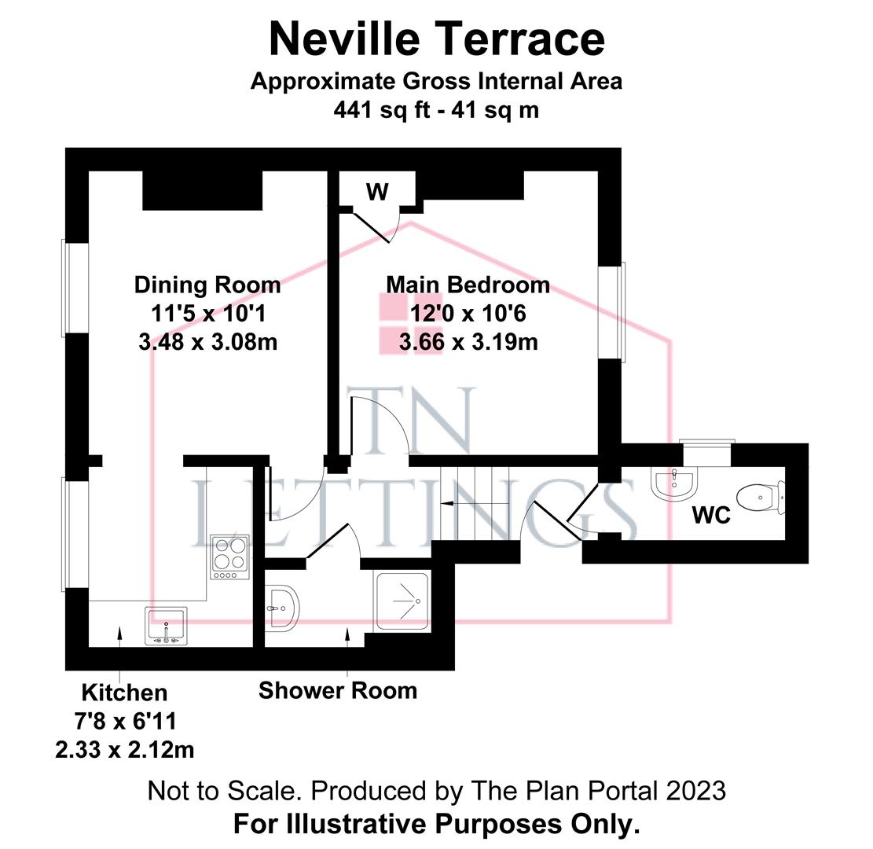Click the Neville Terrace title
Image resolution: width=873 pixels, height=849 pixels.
pos(436,39)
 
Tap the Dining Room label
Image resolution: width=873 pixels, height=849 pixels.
pos(207,285)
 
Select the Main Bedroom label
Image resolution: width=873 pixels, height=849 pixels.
pos(468,285)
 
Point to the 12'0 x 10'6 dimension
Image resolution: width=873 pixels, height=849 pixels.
pos(468,314)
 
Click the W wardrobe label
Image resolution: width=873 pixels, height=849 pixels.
pos(377,191)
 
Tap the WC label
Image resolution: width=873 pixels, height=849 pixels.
pos(711,516)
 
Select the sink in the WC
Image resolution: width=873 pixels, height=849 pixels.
pos(674,483)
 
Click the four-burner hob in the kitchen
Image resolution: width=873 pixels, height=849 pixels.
pos(229,557)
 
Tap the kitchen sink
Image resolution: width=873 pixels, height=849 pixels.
pos(166,626)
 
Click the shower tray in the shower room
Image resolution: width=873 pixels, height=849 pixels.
pos(403,601)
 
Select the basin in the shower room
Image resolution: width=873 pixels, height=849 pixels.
pos(281,608)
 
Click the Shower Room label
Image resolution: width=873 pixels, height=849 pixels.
pos(337,691)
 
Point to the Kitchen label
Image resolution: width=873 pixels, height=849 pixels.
pos(124,693)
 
